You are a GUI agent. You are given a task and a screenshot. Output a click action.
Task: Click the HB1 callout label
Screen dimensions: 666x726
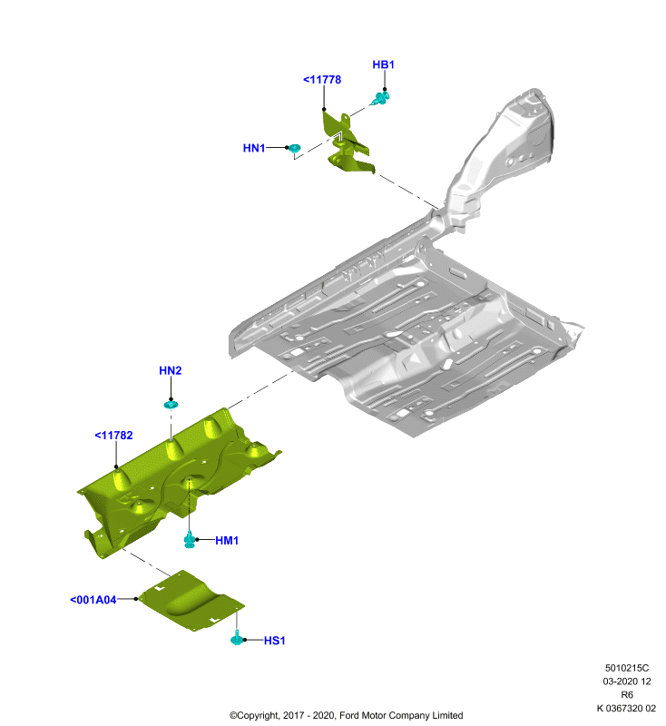point(383,64)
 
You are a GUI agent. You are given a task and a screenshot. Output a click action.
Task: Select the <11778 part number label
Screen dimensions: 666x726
point(322,80)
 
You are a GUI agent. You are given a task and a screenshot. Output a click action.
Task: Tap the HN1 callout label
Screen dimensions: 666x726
point(254,148)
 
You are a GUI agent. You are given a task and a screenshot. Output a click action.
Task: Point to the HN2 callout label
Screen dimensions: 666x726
point(171,370)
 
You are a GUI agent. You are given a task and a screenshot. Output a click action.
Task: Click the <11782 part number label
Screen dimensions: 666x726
point(113,436)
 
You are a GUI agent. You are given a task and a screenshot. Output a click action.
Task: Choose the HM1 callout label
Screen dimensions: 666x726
point(227,540)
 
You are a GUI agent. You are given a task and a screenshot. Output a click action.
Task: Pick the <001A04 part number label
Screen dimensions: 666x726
point(93,600)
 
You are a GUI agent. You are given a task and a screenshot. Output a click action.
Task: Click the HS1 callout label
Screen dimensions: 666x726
point(274,641)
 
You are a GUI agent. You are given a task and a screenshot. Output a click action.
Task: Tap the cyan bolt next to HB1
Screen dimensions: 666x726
point(381,98)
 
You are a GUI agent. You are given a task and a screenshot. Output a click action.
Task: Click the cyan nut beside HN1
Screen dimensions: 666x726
point(294,149)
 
